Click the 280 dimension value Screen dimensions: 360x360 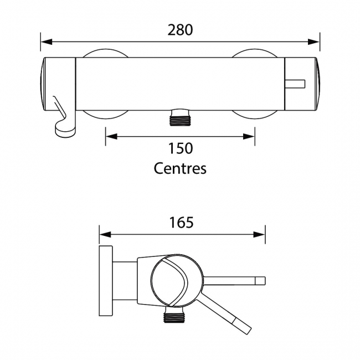point(181,29)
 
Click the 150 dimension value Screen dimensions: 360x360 point(181,148)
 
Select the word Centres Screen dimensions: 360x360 point(180,168)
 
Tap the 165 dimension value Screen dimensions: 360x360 point(182,222)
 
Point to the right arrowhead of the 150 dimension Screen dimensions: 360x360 point(250,136)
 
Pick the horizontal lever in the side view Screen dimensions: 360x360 point(235,280)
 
